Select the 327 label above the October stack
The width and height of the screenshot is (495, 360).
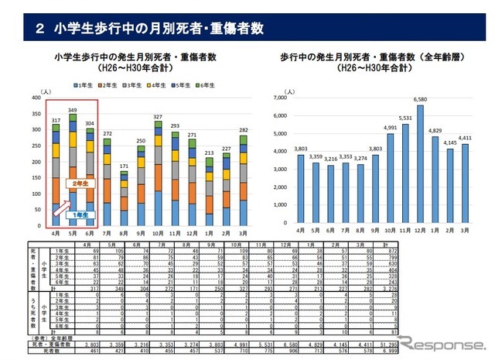(159, 118)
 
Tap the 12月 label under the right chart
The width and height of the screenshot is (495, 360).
(420, 231)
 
